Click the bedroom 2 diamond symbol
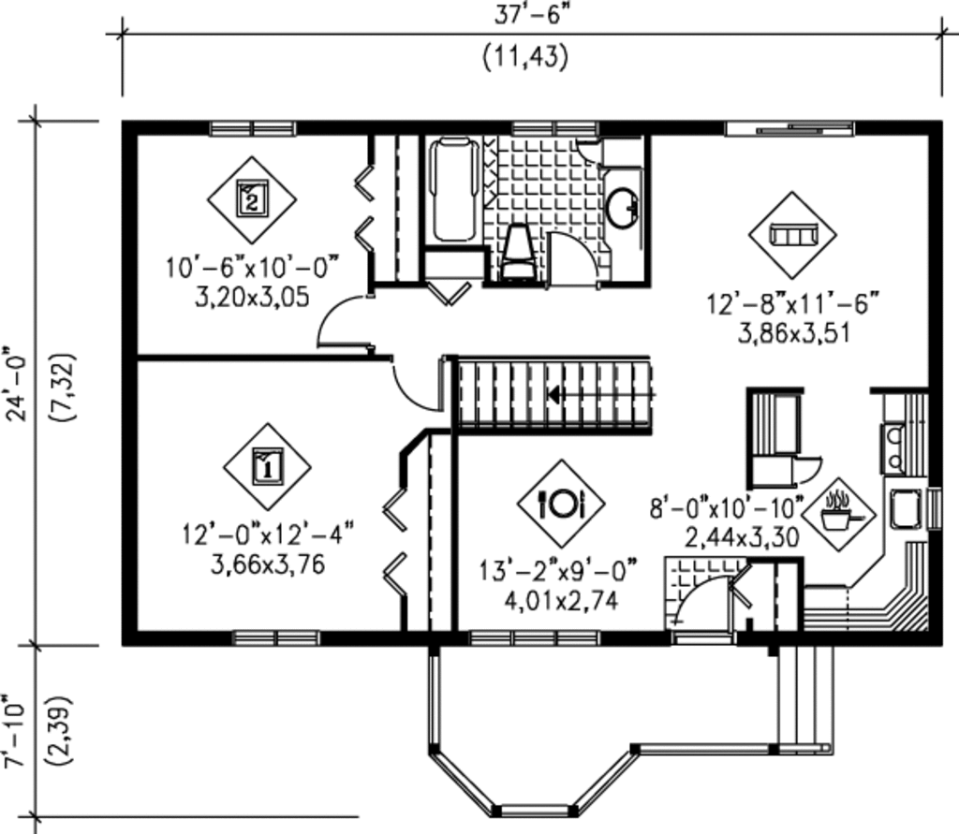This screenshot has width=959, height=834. [x=251, y=199]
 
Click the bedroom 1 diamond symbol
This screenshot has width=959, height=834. [x=267, y=466]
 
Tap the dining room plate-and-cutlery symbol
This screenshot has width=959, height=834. [x=560, y=504]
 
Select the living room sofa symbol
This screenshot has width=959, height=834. [x=792, y=234]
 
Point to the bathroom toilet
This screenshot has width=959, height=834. [x=516, y=252]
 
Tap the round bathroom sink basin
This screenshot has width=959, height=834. [x=620, y=208]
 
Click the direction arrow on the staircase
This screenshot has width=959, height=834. [x=554, y=395]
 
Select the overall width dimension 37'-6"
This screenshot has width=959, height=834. [x=524, y=15]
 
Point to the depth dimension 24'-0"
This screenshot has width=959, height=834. [x=18, y=384]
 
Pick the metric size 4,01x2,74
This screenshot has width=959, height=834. [x=561, y=602]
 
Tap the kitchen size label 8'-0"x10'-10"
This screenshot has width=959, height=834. [x=728, y=508]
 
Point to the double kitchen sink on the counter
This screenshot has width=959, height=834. [x=891, y=446]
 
